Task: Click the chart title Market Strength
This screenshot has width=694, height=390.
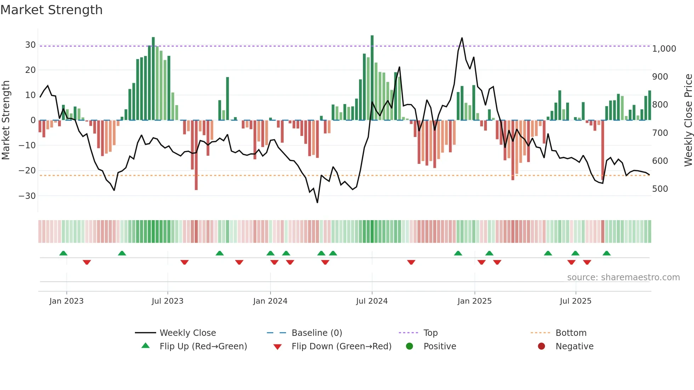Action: [51, 10]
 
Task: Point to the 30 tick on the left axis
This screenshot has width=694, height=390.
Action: [30, 45]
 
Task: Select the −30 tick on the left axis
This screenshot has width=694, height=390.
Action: [27, 196]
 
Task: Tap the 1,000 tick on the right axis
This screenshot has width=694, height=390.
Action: [664, 49]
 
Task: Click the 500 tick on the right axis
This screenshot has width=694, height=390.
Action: [660, 189]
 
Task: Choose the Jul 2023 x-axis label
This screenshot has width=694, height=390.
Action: [167, 301]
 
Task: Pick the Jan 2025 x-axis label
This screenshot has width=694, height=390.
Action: [474, 301]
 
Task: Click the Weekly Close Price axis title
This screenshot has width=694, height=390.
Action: [688, 120]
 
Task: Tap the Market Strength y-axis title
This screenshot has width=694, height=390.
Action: [6, 120]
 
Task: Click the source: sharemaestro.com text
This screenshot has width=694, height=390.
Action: [623, 277]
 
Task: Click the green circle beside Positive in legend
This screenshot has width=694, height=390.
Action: [410, 346]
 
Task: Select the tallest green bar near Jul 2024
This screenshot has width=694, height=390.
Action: [372, 78]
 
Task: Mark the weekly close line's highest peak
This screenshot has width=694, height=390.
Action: [462, 38]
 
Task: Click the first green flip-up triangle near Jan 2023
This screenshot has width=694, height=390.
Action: [63, 253]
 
